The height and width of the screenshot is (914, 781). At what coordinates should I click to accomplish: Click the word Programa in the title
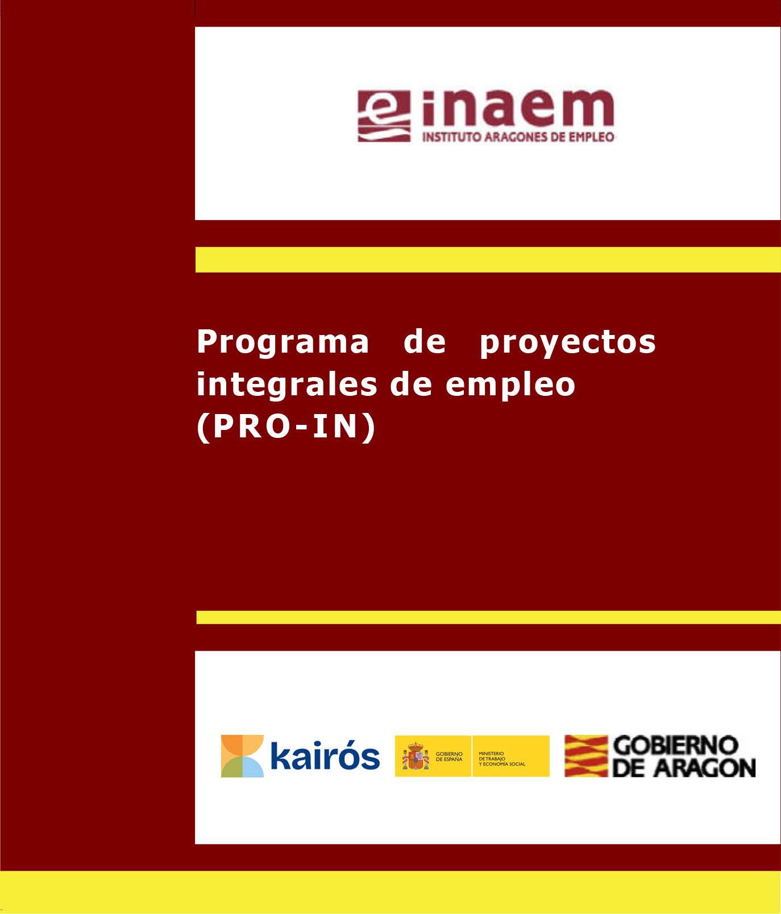point(283,342)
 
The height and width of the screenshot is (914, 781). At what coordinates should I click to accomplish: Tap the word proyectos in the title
point(567,342)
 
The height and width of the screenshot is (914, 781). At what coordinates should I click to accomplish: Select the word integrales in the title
point(286,384)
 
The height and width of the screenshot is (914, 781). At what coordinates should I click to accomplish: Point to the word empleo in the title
point(510,386)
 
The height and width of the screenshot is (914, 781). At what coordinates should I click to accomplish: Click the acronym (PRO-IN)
point(286,427)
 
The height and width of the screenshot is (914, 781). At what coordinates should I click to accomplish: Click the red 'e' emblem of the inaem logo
point(384,116)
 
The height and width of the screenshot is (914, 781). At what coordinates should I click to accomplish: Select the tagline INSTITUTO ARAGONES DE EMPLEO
point(518,137)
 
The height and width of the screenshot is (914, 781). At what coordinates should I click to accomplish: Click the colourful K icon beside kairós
point(242,756)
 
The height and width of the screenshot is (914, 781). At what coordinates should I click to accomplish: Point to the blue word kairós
point(325,756)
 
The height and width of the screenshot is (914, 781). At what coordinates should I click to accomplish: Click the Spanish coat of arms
point(416,756)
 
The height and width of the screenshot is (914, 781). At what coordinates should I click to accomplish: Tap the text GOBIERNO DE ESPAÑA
point(449,756)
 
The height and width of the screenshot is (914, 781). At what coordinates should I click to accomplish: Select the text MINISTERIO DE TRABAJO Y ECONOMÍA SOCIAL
point(502,759)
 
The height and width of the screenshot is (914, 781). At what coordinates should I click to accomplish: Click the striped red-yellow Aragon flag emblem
point(585,756)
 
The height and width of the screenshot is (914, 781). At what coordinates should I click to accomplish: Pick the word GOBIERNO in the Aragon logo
point(676,745)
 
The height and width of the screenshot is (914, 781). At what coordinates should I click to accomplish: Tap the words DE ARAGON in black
point(684,768)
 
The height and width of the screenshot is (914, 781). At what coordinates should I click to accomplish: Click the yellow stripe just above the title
point(488,259)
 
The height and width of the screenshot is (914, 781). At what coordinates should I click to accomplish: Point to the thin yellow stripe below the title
point(488,617)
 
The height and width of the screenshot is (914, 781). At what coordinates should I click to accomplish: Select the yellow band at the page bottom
point(390,892)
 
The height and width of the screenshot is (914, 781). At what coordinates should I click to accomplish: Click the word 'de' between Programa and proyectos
point(424,342)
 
